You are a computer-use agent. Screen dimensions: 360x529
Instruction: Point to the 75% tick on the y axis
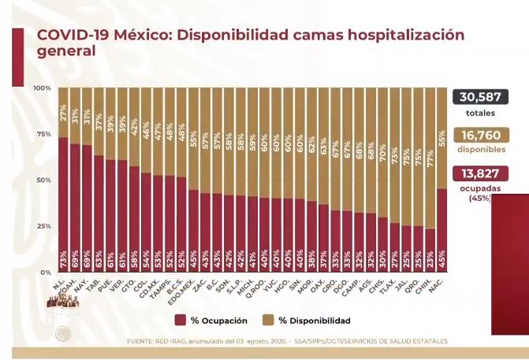tap(43, 134)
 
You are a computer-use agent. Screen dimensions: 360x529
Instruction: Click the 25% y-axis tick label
tap(43, 226)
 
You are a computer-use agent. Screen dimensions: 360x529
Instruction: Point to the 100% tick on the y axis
tap(42, 87)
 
